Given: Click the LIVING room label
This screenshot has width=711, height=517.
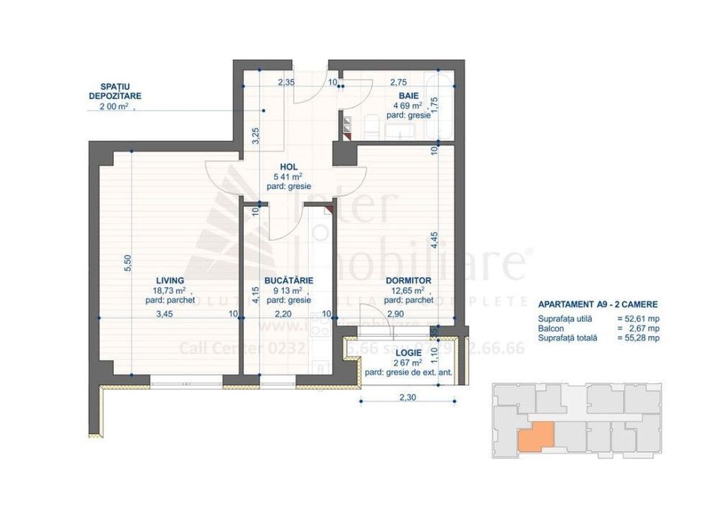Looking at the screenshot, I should tap(169, 281).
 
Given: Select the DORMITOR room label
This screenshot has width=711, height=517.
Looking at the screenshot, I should tap(408, 281).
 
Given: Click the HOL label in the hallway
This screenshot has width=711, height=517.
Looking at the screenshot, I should tap(288, 167).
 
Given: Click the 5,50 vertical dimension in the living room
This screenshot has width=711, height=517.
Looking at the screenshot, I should tap(127, 263).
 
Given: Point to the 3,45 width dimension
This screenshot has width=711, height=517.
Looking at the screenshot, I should tap(165, 314).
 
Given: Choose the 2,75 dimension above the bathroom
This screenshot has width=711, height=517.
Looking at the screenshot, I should tap(398, 82).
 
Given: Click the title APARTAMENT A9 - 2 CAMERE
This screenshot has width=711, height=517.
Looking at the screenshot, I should tap(597, 304).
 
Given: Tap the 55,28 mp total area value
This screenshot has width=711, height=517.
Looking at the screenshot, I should tap(642, 338).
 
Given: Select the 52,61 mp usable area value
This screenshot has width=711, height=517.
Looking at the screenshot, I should tap(642, 318).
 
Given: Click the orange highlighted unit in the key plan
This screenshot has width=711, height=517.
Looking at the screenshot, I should tap(534, 437).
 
